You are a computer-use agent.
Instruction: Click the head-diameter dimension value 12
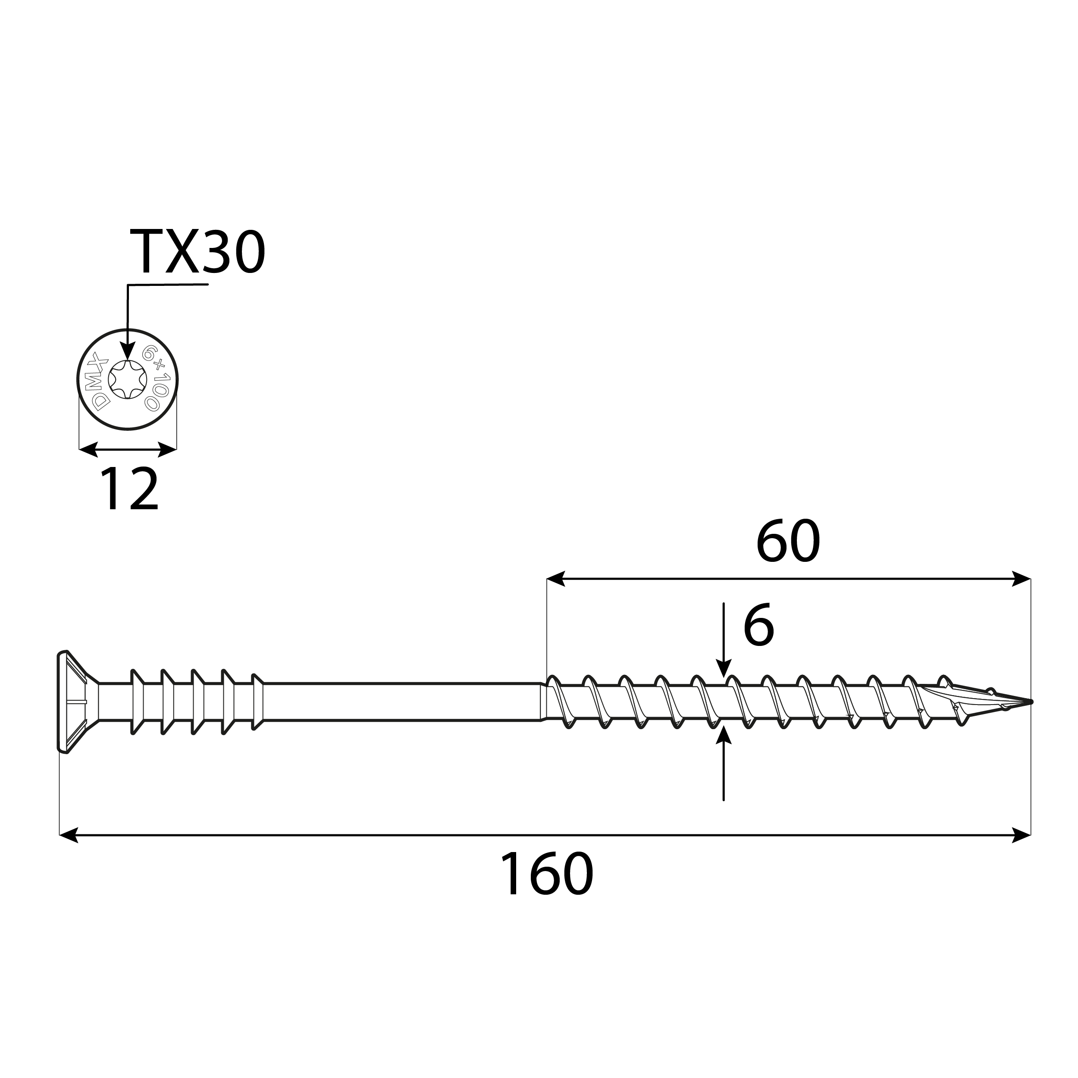129,490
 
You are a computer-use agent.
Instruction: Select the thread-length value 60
787,542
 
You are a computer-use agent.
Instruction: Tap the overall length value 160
546,874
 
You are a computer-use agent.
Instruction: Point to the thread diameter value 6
758,625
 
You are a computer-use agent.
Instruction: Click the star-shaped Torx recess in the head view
128,379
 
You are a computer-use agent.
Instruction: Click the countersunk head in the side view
72,702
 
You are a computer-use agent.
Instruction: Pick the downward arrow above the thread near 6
724,668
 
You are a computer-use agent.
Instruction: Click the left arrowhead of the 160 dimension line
69,835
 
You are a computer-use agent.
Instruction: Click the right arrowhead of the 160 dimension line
1021,835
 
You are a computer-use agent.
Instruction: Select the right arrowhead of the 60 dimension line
1021,579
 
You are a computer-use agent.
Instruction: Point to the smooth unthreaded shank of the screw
402,702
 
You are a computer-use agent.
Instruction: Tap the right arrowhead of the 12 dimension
167,449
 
